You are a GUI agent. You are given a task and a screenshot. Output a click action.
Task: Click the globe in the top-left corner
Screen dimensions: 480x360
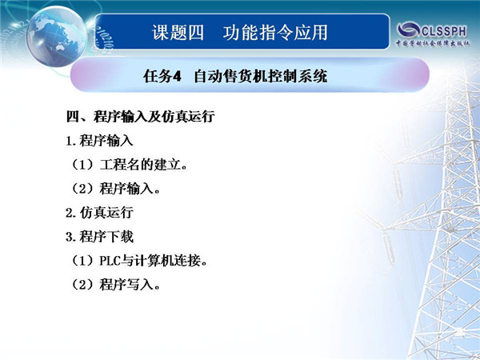pos(56,37)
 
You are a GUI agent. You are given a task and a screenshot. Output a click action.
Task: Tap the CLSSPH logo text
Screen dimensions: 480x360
pos(444,31)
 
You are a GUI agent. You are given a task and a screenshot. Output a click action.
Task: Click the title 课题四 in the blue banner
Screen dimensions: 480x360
pos(178,33)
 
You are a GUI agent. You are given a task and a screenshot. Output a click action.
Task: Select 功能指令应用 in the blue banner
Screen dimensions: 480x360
pos(275,33)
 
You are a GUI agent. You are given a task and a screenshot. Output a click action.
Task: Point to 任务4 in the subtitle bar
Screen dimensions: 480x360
pos(162,76)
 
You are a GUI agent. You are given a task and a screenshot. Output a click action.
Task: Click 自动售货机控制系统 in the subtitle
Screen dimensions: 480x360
pos(261,76)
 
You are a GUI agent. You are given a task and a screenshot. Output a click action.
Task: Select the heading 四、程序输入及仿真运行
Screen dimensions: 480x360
pos(140,117)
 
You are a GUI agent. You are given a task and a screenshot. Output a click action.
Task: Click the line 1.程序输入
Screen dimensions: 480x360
pos(99,141)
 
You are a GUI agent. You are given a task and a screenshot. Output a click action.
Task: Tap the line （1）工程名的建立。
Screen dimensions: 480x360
pos(129,165)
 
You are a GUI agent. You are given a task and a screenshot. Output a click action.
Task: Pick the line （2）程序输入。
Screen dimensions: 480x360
pos(115,189)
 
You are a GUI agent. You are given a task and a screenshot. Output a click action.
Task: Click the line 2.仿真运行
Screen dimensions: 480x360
pos(99,213)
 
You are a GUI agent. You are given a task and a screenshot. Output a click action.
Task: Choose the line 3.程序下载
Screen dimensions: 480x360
pos(99,237)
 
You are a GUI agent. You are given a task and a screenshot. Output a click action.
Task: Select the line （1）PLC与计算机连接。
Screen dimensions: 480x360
pos(139,261)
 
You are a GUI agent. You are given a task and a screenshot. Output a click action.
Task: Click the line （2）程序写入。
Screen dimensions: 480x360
pos(115,285)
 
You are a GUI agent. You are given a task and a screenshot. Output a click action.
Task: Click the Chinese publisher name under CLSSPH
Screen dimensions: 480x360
pos(433,43)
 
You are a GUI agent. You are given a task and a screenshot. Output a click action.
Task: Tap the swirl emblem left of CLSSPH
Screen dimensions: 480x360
pos(408,30)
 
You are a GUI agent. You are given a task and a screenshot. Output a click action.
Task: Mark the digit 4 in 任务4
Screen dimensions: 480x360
pos(178,76)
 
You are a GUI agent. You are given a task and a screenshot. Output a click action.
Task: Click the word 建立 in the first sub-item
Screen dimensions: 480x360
pos(167,165)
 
